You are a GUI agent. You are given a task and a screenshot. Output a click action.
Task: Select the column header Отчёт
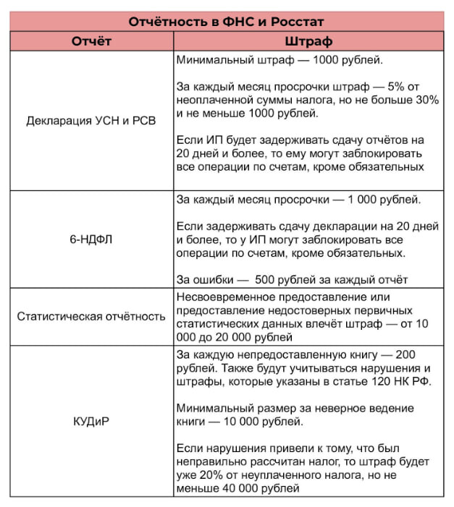tap(91, 41)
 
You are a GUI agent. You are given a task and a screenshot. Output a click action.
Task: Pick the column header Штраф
tap(308, 41)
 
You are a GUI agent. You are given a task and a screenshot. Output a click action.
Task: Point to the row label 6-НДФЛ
tap(91, 239)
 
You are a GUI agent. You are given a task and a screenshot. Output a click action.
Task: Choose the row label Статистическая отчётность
tap(91, 317)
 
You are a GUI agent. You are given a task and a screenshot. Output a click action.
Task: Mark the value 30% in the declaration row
tap(426, 101)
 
